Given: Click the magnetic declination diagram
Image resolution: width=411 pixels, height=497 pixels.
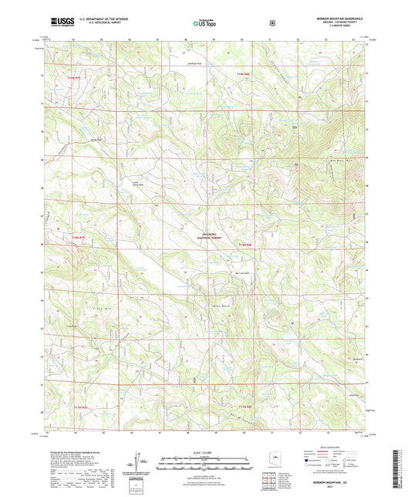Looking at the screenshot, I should (142, 461).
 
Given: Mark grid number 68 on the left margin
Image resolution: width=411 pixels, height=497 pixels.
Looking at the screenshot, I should (42, 186).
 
